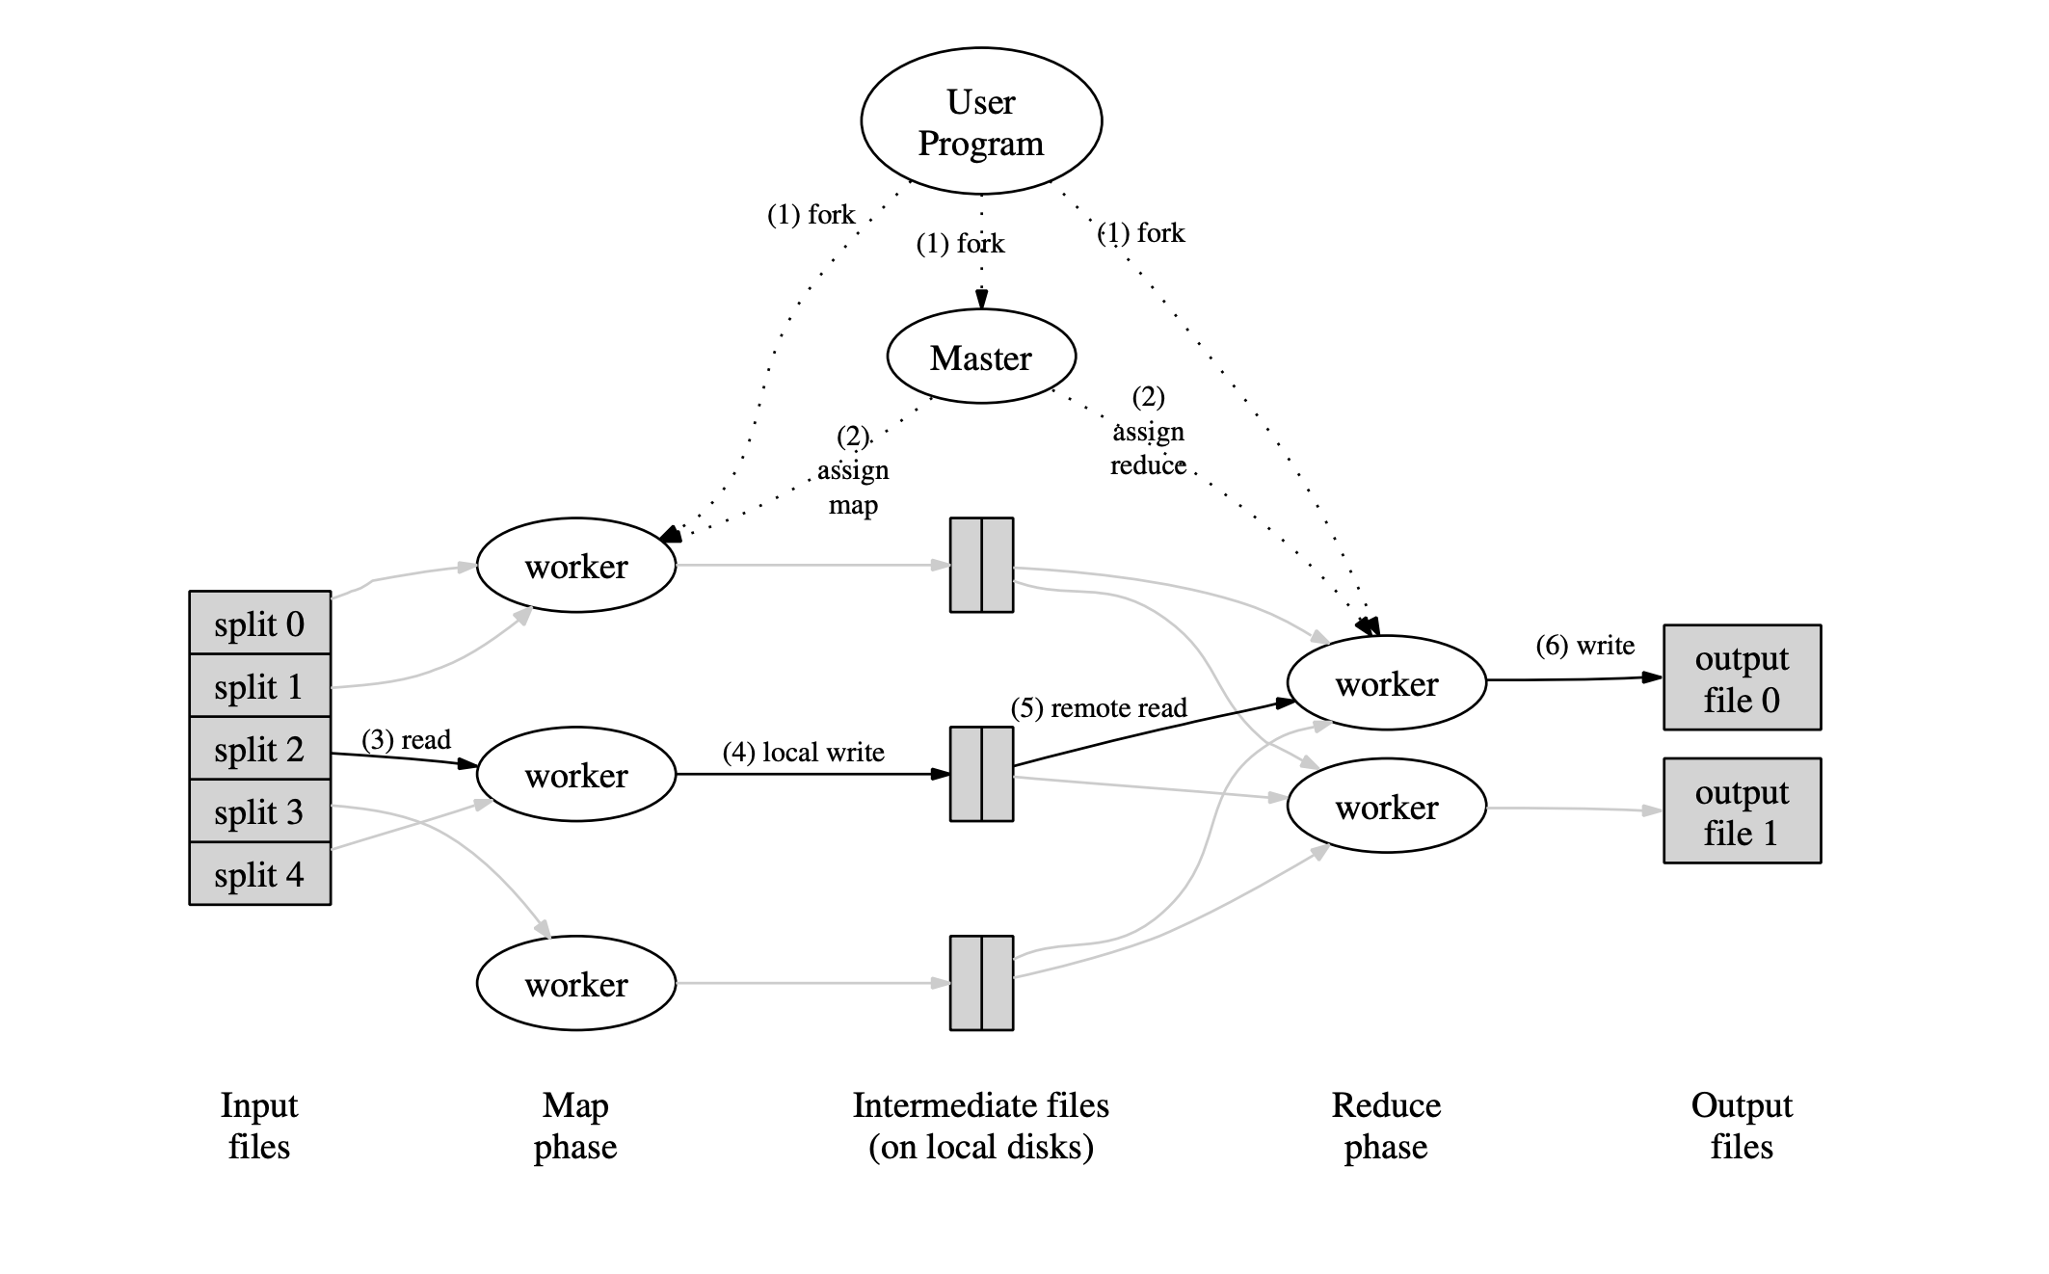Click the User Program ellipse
coord(980,121)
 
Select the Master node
coord(980,358)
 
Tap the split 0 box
coord(259,624)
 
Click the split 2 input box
coord(259,749)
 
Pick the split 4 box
coord(259,874)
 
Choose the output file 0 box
coord(1741,677)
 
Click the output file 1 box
coord(1741,810)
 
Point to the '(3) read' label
coord(406,739)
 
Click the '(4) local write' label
coord(803,752)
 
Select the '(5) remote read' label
coord(1098,707)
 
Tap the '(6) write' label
coord(1584,645)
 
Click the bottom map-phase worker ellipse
coord(575,983)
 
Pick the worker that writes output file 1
coord(1386,806)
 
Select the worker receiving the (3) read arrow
coord(575,774)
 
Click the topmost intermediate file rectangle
coord(980,565)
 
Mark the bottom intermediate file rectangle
coord(980,983)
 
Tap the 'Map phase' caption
coord(574,1126)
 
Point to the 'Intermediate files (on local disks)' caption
coord(980,1126)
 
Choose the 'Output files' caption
coord(1741,1126)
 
